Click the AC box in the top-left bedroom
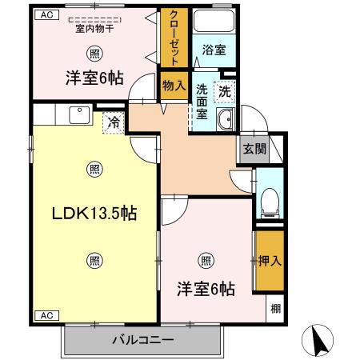click(47, 14)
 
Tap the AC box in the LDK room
click(47, 316)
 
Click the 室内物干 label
click(94, 28)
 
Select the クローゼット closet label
click(174, 38)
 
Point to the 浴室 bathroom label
click(214, 50)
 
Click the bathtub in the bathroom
click(214, 21)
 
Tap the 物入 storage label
click(174, 86)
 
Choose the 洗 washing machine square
click(225, 92)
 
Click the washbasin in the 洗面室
click(226, 119)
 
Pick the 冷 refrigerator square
click(114, 122)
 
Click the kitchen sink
click(79, 115)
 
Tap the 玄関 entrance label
click(254, 149)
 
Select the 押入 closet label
click(270, 261)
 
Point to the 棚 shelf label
click(276, 309)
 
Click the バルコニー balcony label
click(143, 340)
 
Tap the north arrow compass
click(318, 341)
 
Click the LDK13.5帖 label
click(94, 213)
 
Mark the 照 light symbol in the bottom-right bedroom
click(206, 260)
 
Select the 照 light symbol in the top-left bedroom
click(94, 54)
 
